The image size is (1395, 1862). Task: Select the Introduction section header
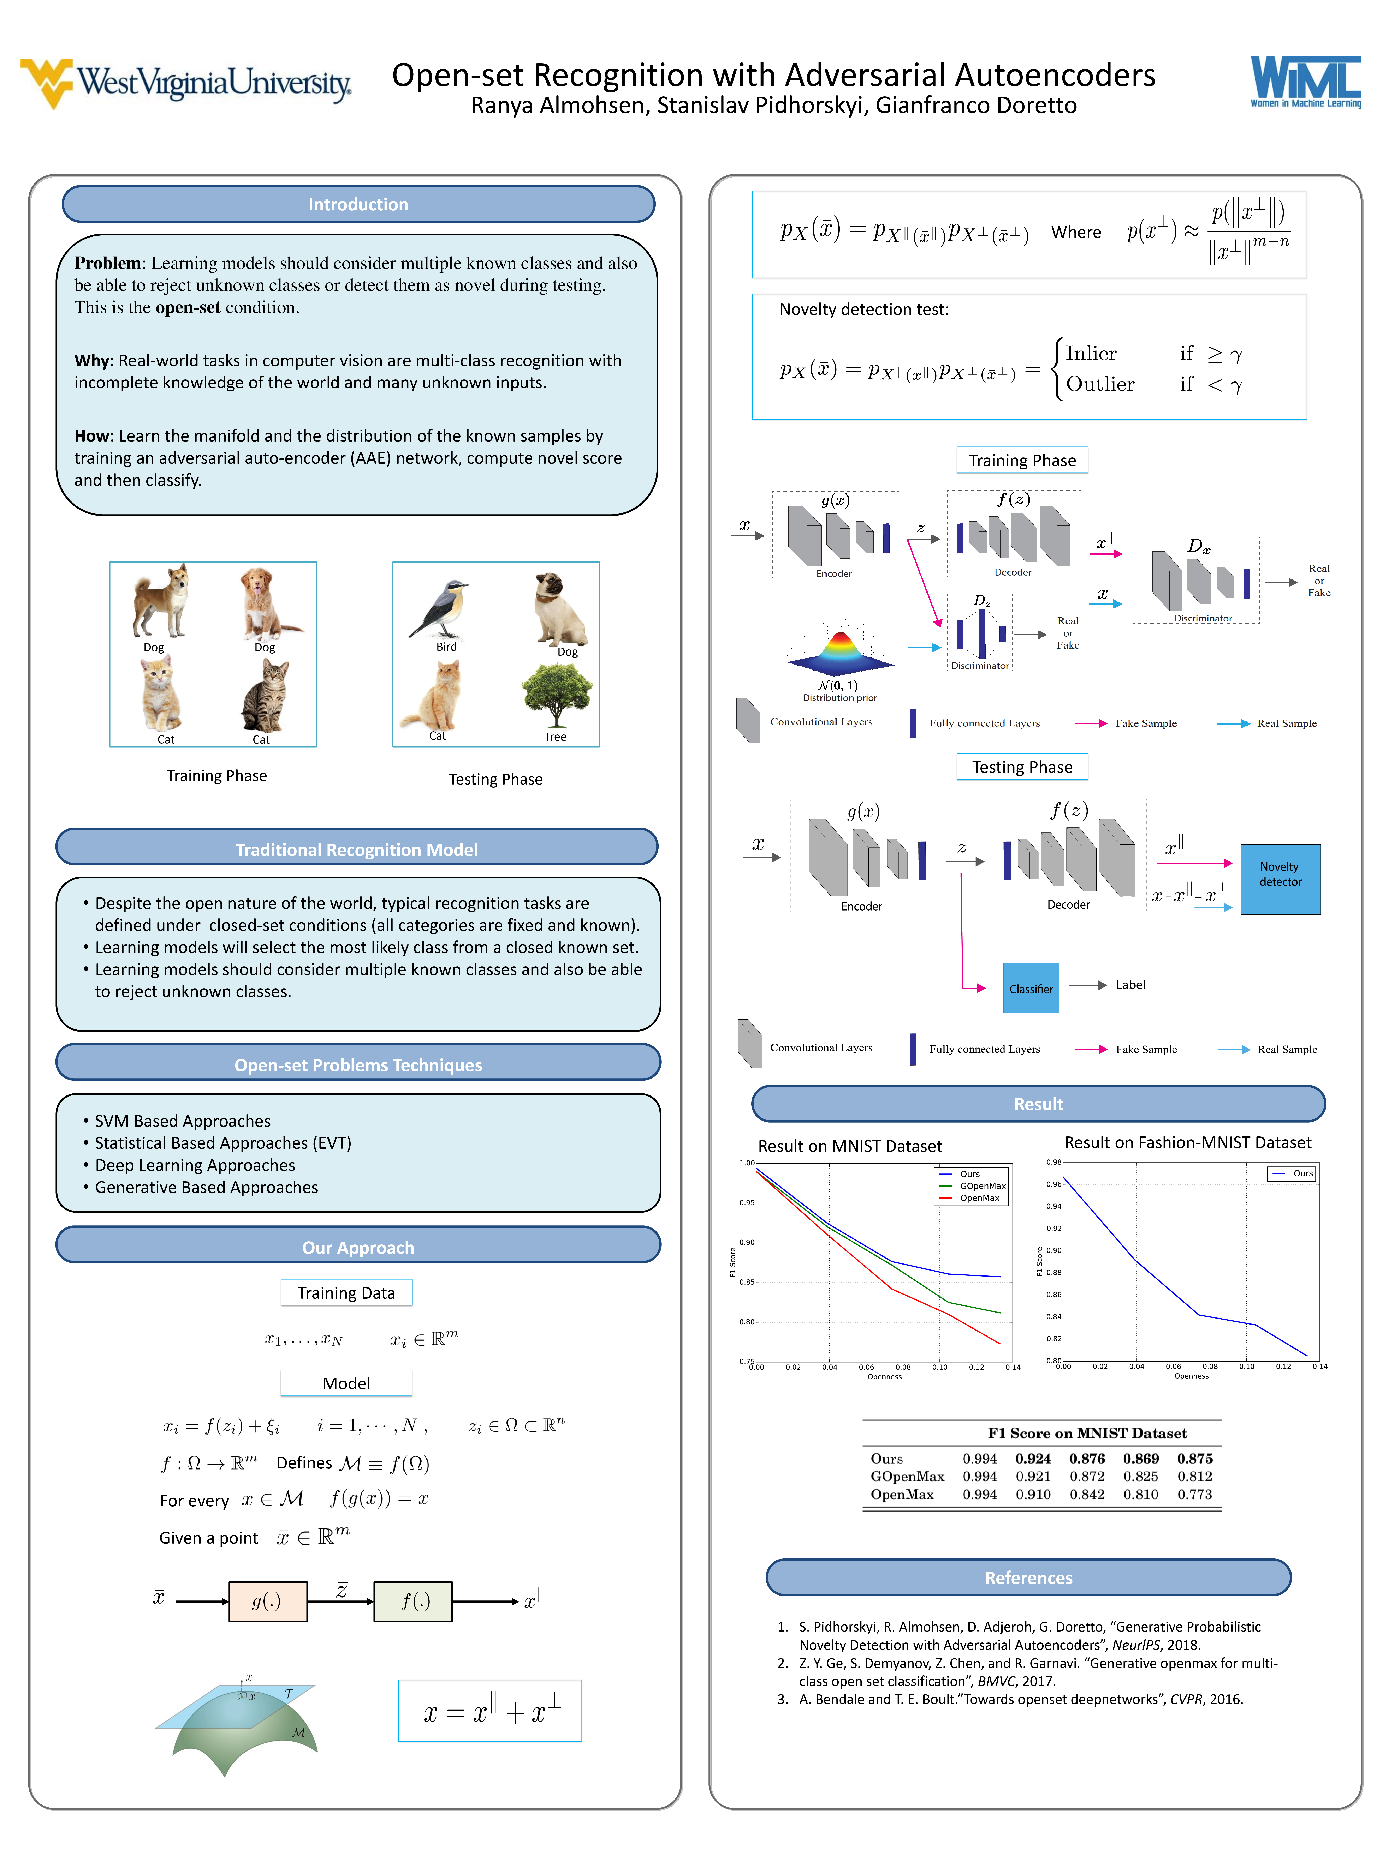pos(358,205)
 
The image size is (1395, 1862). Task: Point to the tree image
pos(556,695)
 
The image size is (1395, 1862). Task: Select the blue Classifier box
pos(1031,988)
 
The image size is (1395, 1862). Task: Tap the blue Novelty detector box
pos(1280,878)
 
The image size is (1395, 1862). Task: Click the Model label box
pos(346,1383)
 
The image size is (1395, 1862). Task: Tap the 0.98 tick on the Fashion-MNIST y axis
pos(1053,1163)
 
